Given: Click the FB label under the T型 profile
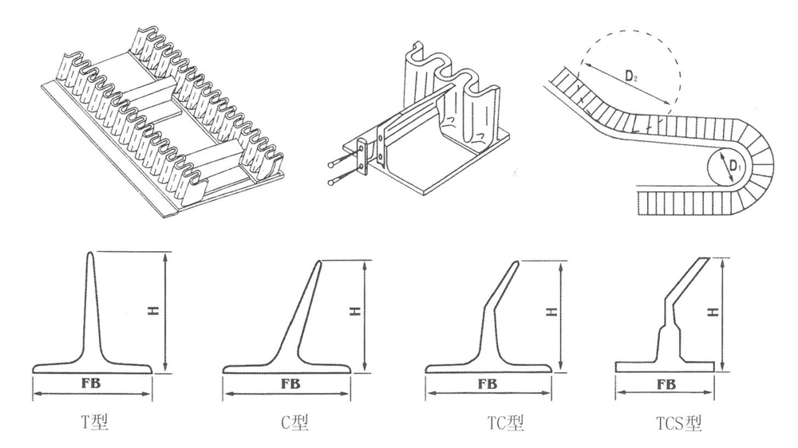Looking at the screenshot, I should (93, 384).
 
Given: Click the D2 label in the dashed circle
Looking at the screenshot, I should (632, 77).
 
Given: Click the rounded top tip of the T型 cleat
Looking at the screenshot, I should (89, 254).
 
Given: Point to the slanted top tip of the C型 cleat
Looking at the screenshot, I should (318, 263).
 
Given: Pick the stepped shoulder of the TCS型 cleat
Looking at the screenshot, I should (666, 324).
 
